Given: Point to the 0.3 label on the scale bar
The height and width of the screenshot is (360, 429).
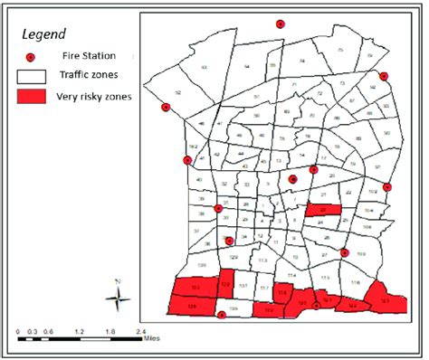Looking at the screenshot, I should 32,332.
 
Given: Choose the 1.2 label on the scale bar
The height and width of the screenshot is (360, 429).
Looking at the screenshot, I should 78,332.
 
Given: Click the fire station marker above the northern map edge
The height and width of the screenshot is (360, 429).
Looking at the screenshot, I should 280,24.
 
